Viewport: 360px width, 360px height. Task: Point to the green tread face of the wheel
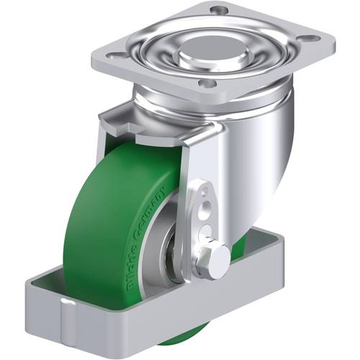click(x=94, y=216)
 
